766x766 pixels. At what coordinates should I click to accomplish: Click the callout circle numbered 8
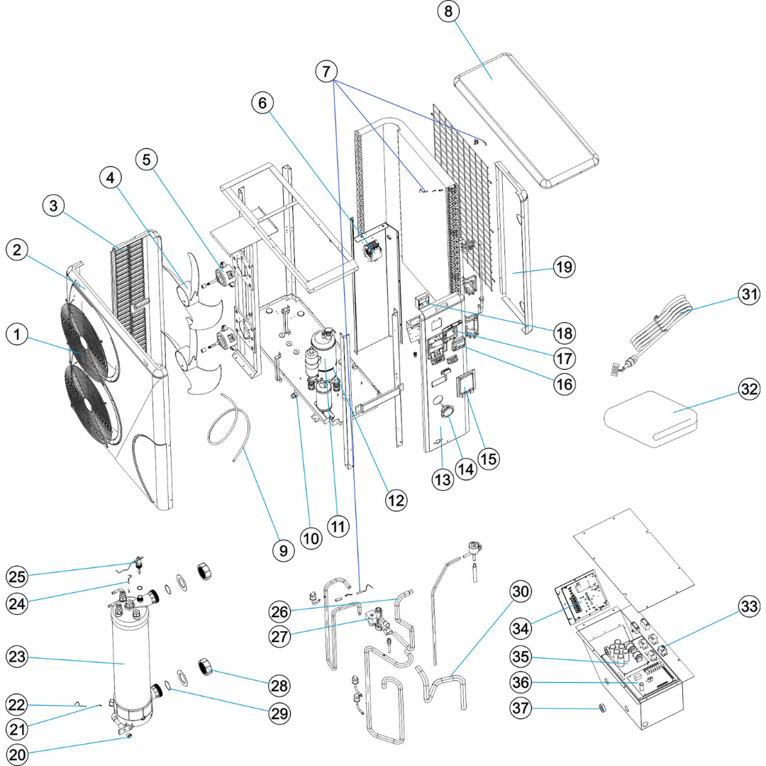[452, 12]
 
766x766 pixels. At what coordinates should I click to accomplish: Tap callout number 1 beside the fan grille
[19, 335]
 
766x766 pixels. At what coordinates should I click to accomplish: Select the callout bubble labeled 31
[746, 294]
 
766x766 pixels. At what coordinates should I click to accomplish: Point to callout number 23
[19, 657]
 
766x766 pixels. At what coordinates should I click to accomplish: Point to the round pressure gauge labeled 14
[450, 412]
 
